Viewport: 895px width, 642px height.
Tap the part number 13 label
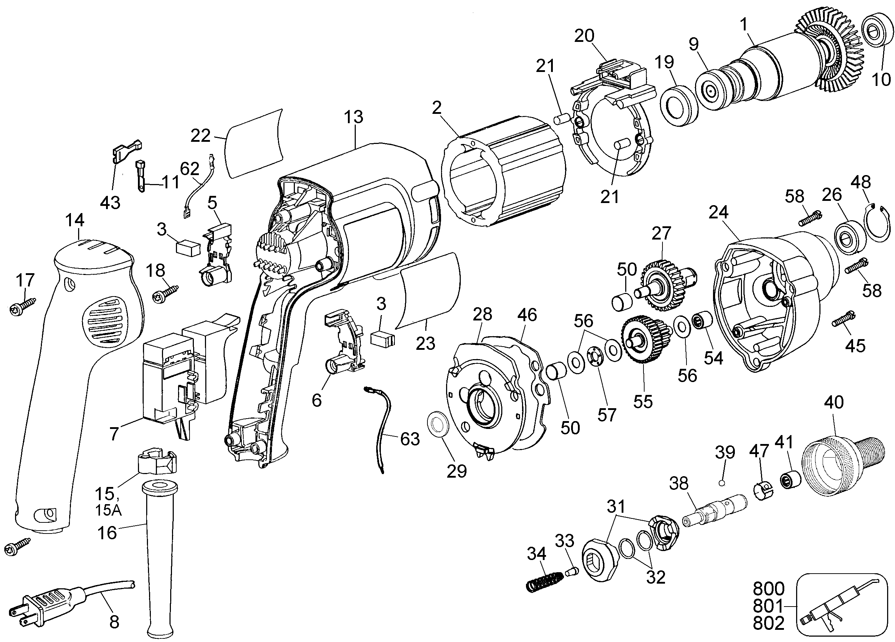(x=353, y=117)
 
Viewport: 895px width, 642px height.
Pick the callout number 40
(x=834, y=402)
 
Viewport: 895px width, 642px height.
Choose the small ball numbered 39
(x=722, y=483)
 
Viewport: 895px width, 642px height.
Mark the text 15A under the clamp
(x=108, y=510)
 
